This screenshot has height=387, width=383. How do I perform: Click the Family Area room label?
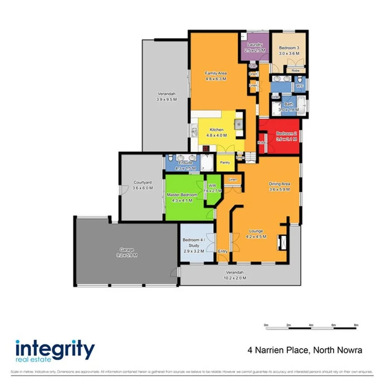point(215,73)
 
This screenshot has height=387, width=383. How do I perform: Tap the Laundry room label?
point(255,45)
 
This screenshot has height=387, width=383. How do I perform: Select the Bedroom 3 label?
point(288,48)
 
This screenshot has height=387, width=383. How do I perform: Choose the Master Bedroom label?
point(182,195)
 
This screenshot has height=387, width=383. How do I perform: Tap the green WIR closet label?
point(212,186)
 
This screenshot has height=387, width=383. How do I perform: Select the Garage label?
point(126,250)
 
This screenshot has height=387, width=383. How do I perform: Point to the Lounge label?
point(256,231)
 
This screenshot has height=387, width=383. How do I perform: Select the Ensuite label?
point(185,162)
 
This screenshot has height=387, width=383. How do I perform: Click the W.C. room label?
point(299,86)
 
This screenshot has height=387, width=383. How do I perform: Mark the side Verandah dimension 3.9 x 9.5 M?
point(165,99)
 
